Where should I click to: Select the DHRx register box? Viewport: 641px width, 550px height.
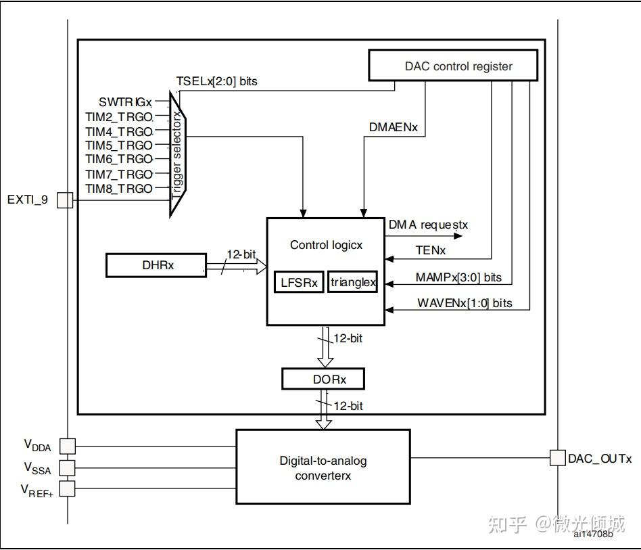tap(156, 265)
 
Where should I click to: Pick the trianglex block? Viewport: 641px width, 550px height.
tap(352, 282)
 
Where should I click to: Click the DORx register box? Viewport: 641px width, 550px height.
tap(323, 379)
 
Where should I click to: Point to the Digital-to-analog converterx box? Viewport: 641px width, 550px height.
tap(323, 467)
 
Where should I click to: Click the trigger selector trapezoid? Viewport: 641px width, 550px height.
tap(178, 155)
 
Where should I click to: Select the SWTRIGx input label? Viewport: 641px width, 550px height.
tap(125, 101)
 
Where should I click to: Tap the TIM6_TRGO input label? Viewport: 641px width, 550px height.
tap(119, 159)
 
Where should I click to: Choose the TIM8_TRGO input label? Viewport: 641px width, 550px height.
tap(119, 189)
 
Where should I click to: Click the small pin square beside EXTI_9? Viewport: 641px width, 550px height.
tap(65, 200)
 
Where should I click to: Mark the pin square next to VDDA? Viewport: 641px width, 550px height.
tap(68, 446)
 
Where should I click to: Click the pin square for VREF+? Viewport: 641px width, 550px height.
tap(68, 489)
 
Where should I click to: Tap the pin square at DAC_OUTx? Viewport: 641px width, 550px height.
tap(556, 458)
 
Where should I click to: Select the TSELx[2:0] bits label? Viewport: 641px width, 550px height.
tap(216, 81)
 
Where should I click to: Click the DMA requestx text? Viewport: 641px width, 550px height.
tap(428, 224)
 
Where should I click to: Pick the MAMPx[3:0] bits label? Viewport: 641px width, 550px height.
tap(459, 277)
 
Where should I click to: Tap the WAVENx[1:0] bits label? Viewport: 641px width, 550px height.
tap(465, 303)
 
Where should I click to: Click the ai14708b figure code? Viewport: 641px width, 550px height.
tap(593, 535)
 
